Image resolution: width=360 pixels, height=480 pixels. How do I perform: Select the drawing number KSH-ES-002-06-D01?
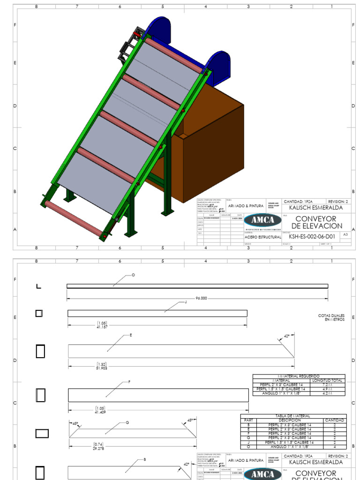coord(312,237)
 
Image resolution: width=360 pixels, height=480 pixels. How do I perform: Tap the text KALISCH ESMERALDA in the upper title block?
coord(315,208)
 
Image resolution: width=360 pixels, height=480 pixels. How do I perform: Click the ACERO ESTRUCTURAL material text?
coord(262,237)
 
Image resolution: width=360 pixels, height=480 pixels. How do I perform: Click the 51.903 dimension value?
coord(102,368)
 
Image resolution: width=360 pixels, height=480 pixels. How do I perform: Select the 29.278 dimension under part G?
coord(98,448)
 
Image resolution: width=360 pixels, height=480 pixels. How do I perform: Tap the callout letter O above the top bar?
coord(133,275)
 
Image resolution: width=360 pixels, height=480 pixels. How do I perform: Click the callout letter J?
coord(186,302)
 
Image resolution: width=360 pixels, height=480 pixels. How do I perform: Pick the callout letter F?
coord(129,382)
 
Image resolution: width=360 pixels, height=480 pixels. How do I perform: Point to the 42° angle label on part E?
coord(287,336)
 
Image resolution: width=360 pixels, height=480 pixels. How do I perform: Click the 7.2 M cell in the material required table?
coord(327,384)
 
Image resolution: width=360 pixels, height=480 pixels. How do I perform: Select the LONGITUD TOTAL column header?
coord(327,380)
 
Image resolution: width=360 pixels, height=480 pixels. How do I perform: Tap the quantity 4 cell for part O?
coord(335,447)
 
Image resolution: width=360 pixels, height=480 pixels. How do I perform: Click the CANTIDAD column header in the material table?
coord(335,420)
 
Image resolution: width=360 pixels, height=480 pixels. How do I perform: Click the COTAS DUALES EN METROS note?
coord(331,317)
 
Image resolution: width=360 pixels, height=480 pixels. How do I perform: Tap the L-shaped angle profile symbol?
coord(38,286)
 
